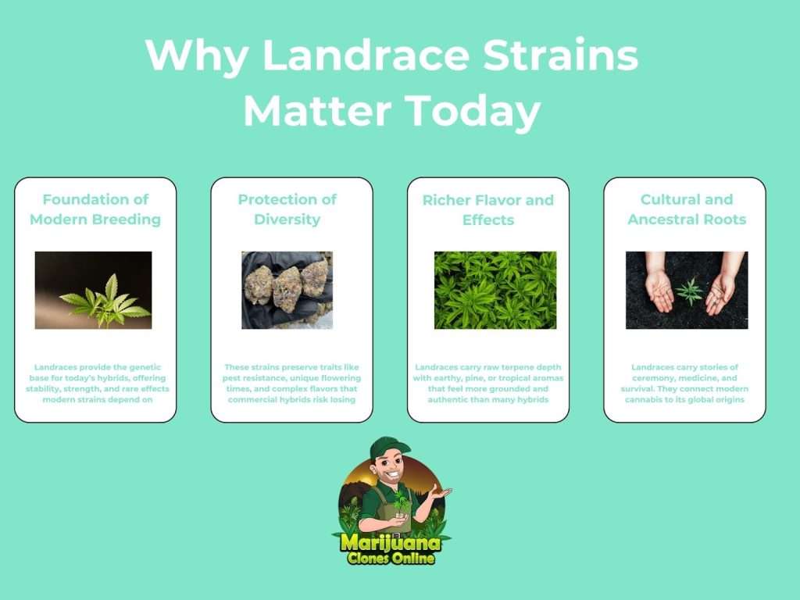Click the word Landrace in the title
[366, 55]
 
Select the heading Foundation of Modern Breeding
[95, 209]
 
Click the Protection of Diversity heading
[287, 209]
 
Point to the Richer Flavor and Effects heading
[487, 209]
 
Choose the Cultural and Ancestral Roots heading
[687, 209]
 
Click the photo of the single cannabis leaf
[94, 290]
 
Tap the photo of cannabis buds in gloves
[287, 290]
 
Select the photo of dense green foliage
[495, 290]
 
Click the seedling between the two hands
[690, 291]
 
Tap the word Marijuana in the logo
[391, 541]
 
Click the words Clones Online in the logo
[391, 558]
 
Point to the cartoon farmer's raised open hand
[439, 494]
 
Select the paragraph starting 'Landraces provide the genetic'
[98, 383]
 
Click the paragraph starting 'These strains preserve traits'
[292, 383]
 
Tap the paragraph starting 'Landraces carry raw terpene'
[488, 383]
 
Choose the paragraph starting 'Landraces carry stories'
[684, 383]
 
